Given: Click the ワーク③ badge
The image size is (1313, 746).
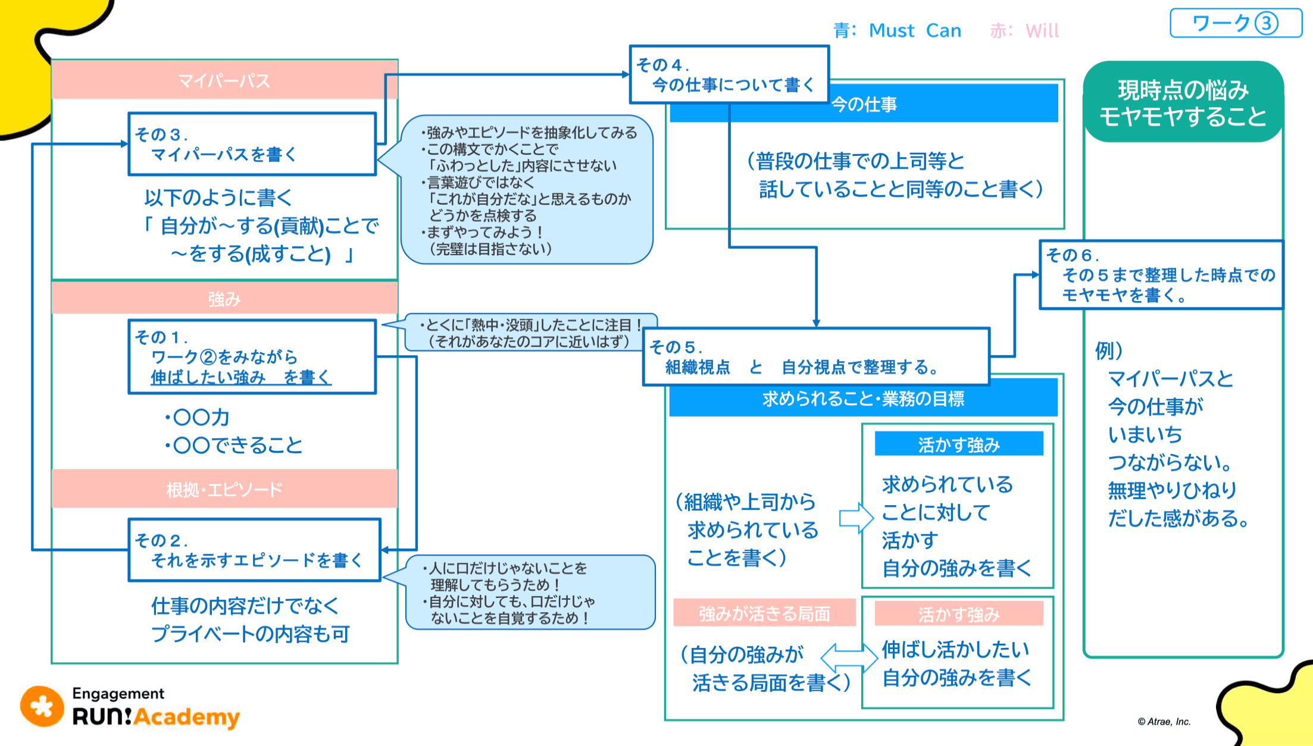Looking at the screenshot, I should click(1235, 23).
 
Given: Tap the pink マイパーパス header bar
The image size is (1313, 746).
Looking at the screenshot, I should click(224, 80).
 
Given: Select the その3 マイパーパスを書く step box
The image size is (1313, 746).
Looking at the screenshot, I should click(252, 144).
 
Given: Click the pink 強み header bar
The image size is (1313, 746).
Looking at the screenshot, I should click(224, 298).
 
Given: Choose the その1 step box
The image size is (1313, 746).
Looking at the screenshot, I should click(252, 357).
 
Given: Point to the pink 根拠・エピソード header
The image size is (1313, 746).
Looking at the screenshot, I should click(224, 489).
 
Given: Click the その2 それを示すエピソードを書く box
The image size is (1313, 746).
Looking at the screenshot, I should click(254, 550).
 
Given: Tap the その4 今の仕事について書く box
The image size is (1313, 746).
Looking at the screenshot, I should click(729, 75).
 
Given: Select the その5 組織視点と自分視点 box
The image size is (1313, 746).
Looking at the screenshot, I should click(816, 357).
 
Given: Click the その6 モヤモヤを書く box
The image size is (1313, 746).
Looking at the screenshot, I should click(1161, 275).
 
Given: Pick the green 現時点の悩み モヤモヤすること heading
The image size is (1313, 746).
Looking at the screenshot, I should click(1183, 102).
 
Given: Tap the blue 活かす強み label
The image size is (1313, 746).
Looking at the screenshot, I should click(959, 444).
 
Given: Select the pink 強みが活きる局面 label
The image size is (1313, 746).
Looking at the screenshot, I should click(764, 613).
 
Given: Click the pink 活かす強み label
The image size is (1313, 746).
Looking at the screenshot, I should click(959, 614).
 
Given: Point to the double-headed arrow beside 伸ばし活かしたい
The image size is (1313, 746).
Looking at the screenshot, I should click(849, 657).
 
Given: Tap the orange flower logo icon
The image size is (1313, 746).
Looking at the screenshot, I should click(42, 707).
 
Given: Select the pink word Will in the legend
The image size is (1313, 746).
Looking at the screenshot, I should click(1042, 30).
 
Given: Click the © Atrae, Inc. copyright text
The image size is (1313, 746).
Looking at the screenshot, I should click(1164, 722).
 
